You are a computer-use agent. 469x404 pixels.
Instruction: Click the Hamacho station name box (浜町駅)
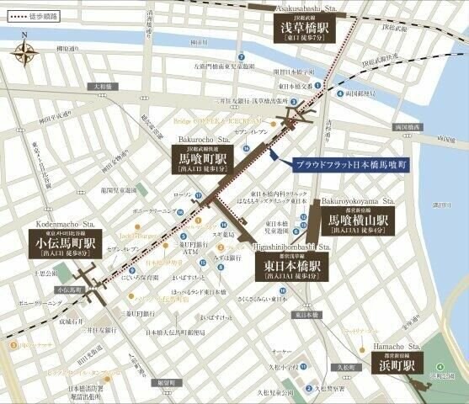click(397, 367)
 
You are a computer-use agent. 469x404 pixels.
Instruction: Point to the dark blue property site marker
click(274, 152)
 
